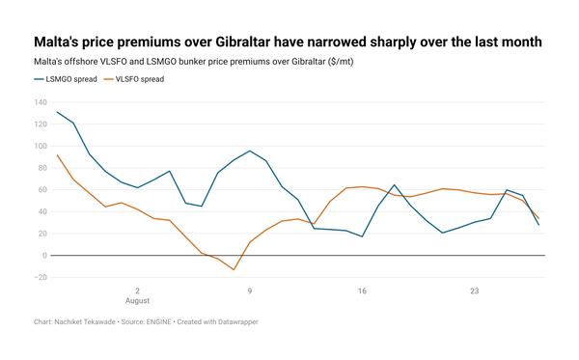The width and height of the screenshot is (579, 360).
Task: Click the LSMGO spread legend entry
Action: [66, 79]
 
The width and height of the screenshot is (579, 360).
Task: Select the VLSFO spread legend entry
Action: [134, 79]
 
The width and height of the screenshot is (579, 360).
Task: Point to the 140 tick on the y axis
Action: [41, 102]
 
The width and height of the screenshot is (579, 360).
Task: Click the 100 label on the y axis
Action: [41, 146]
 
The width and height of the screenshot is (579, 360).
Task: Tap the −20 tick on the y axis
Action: [41, 277]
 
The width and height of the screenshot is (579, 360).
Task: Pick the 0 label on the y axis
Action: [45, 255]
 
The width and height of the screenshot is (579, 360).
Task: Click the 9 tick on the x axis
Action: [250, 291]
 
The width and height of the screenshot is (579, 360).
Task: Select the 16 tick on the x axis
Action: [362, 291]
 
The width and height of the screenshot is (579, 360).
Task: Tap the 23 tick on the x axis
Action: [474, 291]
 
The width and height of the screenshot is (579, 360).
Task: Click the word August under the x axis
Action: [137, 300]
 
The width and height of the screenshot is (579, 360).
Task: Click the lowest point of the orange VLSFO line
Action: [234, 269]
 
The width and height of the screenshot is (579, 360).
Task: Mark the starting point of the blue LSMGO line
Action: [57, 112]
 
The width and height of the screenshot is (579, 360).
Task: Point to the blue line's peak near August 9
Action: [250, 151]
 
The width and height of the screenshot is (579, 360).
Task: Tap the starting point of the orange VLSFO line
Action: [57, 155]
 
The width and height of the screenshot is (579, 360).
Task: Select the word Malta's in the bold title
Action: [56, 42]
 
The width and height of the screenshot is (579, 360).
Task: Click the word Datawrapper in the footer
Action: [238, 321]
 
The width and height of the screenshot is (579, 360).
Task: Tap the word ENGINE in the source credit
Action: [159, 321]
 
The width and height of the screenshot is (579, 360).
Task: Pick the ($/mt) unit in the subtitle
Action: [341, 62]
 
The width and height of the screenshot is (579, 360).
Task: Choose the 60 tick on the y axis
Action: [42, 189]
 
